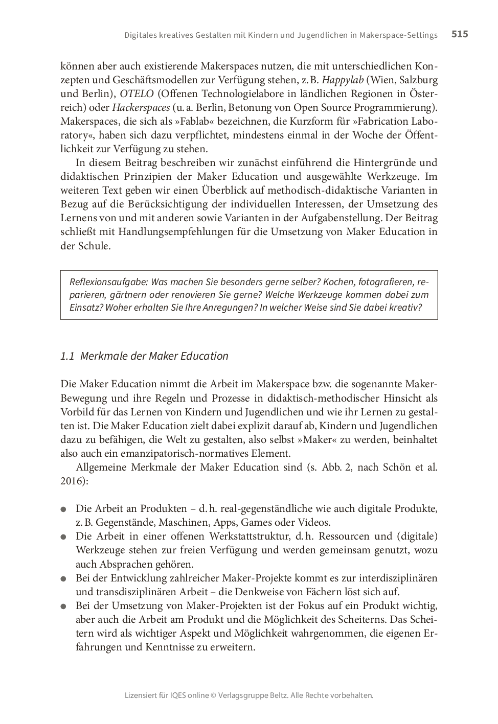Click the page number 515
pos(460,34)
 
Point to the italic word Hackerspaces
pos(141,107)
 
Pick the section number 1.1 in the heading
pos(67,356)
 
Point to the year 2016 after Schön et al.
pos(72,481)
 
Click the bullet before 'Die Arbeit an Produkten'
pos(64,509)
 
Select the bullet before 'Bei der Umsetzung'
pos(64,606)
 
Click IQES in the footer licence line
pos(177,695)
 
